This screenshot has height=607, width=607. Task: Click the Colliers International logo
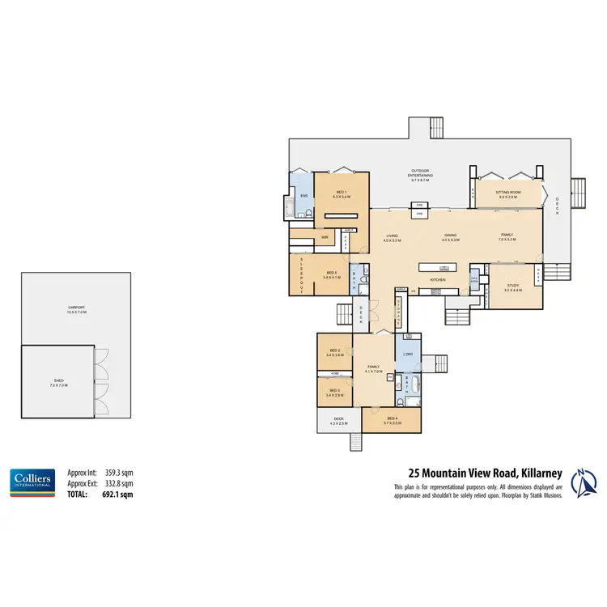[x=32, y=482]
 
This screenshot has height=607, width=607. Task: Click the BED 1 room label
[x=341, y=193]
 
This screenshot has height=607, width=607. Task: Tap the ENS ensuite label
[x=304, y=197]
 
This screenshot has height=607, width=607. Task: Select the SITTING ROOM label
[x=509, y=193]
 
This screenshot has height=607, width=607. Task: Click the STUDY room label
[x=513, y=283]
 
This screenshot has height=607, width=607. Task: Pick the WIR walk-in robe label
[x=323, y=237]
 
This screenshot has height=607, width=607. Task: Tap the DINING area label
[x=451, y=236]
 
